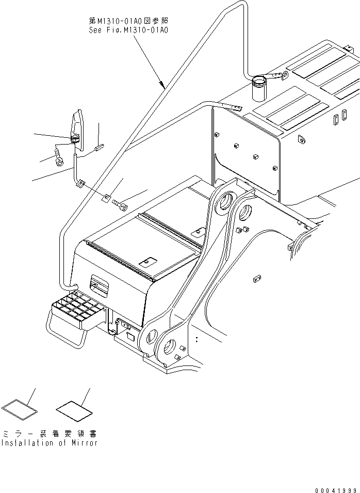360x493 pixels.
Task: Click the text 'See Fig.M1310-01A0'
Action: pyautogui.click(x=128, y=30)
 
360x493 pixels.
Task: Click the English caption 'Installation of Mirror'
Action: pyautogui.click(x=48, y=442)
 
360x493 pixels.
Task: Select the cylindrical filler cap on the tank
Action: pyautogui.click(x=258, y=89)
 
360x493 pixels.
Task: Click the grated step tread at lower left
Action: pyautogui.click(x=77, y=309)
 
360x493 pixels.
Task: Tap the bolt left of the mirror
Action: pyautogui.click(x=58, y=156)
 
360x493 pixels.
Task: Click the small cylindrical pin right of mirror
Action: pyautogui.click(x=100, y=148)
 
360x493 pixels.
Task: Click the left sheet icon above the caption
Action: pyautogui.click(x=20, y=407)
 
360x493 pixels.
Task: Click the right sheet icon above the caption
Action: pyautogui.click(x=74, y=408)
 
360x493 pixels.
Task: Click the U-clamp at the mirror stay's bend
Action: pyautogui.click(x=80, y=183)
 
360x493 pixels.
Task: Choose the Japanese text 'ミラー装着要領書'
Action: pyautogui.click(x=50, y=433)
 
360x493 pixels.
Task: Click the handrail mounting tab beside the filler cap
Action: pyautogui.click(x=278, y=77)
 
